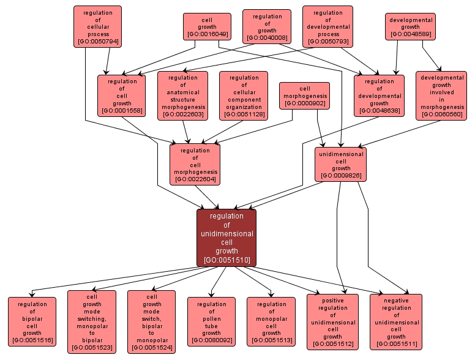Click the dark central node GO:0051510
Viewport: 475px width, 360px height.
click(x=226, y=238)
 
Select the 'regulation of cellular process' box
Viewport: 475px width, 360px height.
click(x=97, y=26)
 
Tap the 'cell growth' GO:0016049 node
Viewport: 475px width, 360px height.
click(x=207, y=27)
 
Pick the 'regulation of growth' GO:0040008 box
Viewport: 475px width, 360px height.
click(x=266, y=26)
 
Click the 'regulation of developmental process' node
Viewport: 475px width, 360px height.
click(x=327, y=27)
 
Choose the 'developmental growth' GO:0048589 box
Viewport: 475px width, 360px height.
click(x=410, y=27)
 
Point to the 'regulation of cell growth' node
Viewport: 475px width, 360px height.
click(x=122, y=96)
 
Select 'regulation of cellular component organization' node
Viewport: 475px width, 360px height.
click(x=244, y=96)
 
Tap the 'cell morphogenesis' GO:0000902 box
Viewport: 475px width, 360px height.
click(x=305, y=96)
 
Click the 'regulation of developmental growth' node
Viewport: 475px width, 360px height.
click(x=379, y=96)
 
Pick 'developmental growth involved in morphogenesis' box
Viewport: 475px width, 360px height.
click(x=442, y=96)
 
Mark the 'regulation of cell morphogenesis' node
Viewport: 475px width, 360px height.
click(x=195, y=164)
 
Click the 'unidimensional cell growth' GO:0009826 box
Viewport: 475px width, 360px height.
click(x=341, y=164)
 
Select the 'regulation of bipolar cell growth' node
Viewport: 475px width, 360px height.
click(x=32, y=322)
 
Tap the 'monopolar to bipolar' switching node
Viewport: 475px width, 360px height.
click(x=92, y=322)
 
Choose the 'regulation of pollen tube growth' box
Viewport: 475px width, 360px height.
click(x=211, y=322)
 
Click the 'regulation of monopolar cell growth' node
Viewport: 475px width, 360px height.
click(x=271, y=322)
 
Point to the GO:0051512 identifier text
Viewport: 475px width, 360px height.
click(x=332, y=344)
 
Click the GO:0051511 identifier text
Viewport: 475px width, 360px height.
click(x=396, y=344)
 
